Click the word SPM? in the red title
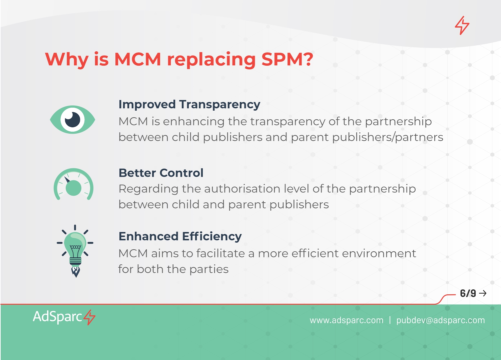point(287,59)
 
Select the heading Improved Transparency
point(189,105)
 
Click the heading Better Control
point(161,173)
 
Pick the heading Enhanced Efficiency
point(180,237)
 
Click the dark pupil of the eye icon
point(72,120)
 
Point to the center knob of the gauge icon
point(73,188)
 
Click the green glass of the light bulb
point(75,244)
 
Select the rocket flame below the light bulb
point(76,272)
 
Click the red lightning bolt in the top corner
point(462,25)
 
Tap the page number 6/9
point(468,293)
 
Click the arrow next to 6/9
point(483,293)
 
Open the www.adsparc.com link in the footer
point(347,320)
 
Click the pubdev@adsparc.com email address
point(441,320)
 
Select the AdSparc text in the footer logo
point(57,317)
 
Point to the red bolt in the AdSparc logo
point(89,317)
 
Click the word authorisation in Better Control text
point(242,189)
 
